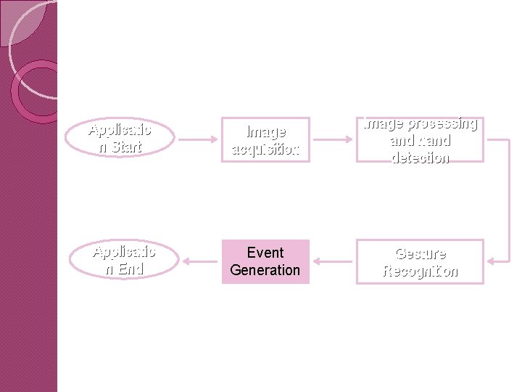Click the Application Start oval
[x=120, y=138]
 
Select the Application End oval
[x=124, y=260]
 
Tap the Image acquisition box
[x=265, y=140]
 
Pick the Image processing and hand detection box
[x=420, y=139]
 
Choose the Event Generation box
[x=265, y=261]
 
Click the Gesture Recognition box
[x=420, y=262]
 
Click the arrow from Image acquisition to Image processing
[x=333, y=139]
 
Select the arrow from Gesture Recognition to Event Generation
[x=333, y=261]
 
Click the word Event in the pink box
[x=265, y=253]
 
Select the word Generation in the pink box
[x=265, y=270]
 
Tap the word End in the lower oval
[x=131, y=269]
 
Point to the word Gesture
[x=420, y=253]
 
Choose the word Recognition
[x=420, y=271]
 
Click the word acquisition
[x=265, y=149]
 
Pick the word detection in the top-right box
[x=420, y=157]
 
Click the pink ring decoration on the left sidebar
[x=36, y=91]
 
